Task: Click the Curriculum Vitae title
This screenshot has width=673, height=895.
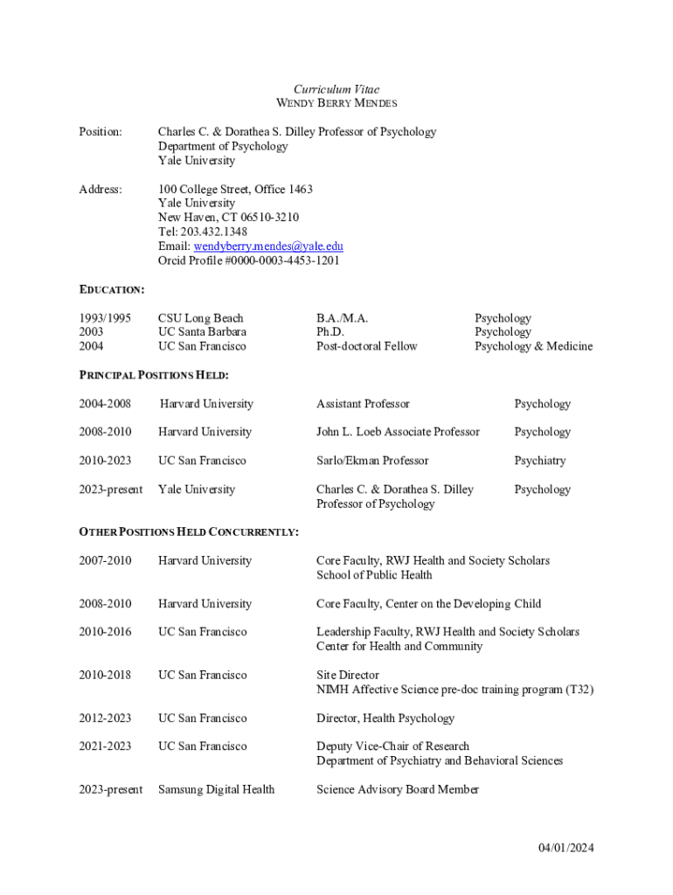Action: coord(336,89)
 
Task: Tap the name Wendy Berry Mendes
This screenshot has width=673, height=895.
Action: coord(336,103)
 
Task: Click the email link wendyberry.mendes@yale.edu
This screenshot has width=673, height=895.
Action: coord(268,246)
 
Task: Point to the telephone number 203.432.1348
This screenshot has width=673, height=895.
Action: coord(213,232)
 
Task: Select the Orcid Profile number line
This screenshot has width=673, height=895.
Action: coord(249,260)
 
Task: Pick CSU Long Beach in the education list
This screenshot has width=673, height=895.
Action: coord(201,318)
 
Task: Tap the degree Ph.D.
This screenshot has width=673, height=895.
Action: coord(330,332)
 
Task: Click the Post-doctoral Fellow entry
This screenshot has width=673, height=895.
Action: coord(367,346)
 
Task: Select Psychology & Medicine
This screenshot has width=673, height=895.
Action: coord(533,346)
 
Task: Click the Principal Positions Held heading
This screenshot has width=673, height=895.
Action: coord(154,375)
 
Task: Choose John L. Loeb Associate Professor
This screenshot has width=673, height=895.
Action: coord(398,432)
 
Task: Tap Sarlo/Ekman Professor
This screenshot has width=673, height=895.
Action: coord(372,461)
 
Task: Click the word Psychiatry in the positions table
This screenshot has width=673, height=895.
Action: coord(539,461)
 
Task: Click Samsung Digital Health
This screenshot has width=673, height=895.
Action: coord(216,789)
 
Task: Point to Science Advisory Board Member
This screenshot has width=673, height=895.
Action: coord(398,789)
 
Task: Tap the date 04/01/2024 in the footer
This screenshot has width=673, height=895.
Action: coord(565,847)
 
